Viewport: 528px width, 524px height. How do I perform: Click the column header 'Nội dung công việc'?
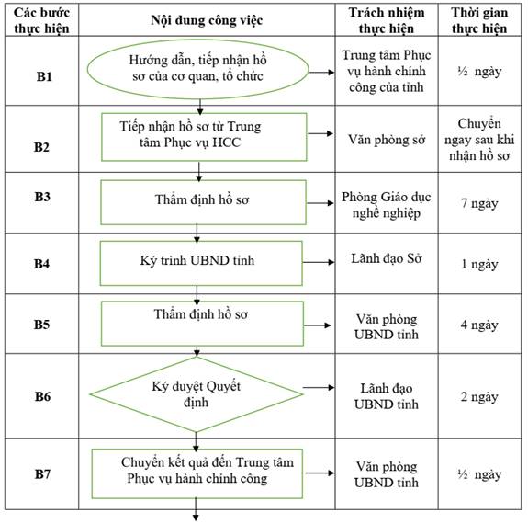(207, 20)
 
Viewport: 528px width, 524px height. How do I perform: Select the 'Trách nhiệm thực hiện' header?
(387, 20)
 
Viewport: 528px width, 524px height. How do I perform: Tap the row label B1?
(44, 76)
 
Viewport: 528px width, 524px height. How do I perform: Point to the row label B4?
(41, 264)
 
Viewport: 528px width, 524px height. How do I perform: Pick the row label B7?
(43, 474)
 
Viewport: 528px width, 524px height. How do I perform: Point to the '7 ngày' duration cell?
(479, 203)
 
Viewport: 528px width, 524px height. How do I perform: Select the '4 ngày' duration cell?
(479, 325)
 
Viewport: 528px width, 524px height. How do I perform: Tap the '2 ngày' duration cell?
(479, 397)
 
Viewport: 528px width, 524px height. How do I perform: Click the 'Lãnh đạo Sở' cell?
(387, 258)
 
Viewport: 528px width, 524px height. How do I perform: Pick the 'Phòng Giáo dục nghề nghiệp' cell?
(387, 205)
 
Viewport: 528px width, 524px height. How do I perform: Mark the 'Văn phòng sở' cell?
(387, 139)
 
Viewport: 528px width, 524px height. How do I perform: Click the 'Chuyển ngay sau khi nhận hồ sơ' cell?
(479, 140)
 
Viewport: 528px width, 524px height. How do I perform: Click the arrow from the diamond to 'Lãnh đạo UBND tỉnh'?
(319, 387)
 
